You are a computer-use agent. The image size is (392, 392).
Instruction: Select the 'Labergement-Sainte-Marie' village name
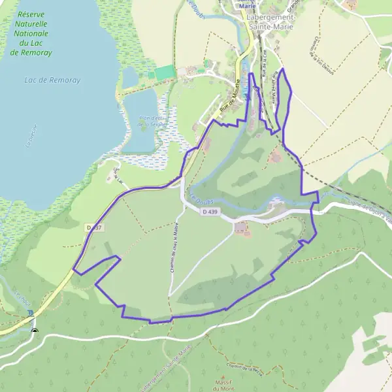pyautogui.click(x=271, y=22)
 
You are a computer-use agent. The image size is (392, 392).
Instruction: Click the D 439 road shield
pyautogui.click(x=209, y=212)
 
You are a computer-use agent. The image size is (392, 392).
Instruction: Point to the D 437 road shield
pyautogui.click(x=93, y=227)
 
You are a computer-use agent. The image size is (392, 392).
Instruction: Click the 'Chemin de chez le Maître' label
pyautogui.click(x=175, y=248)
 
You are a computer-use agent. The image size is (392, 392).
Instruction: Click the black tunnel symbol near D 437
pyautogui.click(x=35, y=330)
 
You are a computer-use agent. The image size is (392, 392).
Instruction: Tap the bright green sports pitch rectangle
pyautogui.click(x=165, y=73)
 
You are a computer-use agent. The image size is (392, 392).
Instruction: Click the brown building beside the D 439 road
pyautogui.click(x=241, y=227)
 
